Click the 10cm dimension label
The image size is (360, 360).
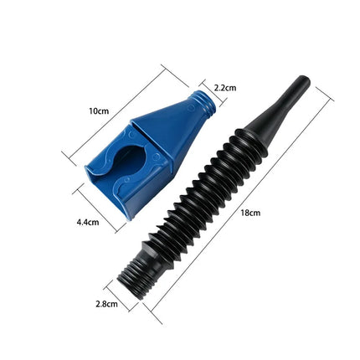(x=99, y=110)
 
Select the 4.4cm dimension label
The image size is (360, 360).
(x=89, y=222)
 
